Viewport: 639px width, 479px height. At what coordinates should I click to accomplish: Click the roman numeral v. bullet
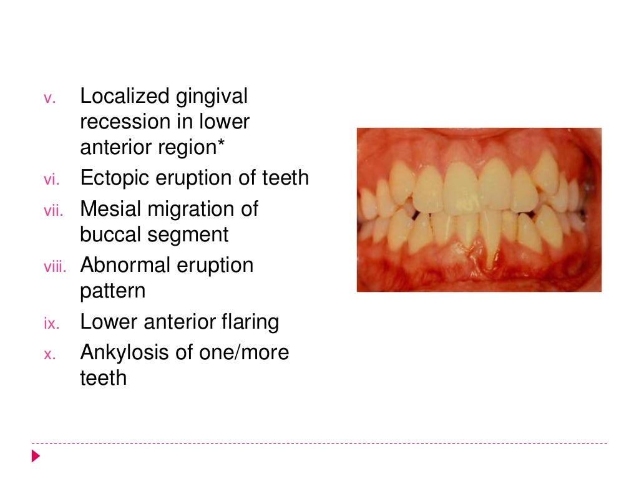click(50, 99)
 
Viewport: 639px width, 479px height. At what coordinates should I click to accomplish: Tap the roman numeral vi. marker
click(50, 180)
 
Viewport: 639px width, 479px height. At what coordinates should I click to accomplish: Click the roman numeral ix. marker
click(50, 324)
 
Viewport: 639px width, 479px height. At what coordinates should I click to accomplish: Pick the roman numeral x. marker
click(50, 355)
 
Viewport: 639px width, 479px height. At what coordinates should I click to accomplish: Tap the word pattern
click(112, 292)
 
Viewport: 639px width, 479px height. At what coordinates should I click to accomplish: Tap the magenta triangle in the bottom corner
click(36, 456)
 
